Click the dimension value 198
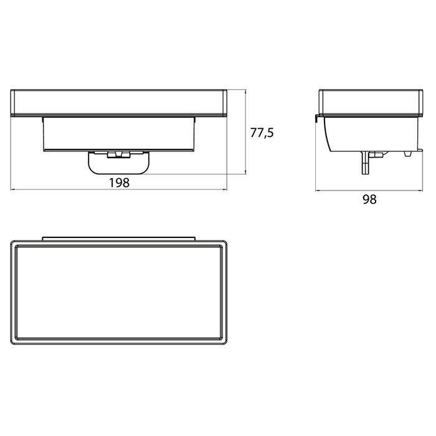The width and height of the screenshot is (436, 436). [x=120, y=182]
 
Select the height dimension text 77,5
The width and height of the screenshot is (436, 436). [x=262, y=133]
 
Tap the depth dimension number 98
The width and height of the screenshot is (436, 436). [x=369, y=199]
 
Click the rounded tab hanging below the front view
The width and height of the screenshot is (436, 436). [x=119, y=169]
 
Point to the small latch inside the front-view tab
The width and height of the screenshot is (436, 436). [x=119, y=154]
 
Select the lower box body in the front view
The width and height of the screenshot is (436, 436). [x=119, y=134]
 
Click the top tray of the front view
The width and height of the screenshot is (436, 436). [x=119, y=102]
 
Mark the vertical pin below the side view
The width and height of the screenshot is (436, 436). [x=365, y=163]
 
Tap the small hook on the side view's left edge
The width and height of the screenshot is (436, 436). [x=317, y=118]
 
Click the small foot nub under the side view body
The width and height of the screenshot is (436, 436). [x=407, y=153]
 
